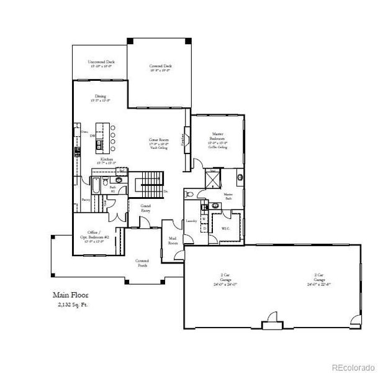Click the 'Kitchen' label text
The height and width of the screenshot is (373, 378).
tap(106, 160)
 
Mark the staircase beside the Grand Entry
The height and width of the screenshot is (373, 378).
tap(149, 183)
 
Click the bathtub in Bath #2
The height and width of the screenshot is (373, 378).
tap(97, 185)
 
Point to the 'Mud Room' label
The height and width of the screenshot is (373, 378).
tap(172, 241)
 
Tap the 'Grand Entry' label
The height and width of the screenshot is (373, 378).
tap(146, 208)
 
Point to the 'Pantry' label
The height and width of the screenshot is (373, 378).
tap(84, 200)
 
